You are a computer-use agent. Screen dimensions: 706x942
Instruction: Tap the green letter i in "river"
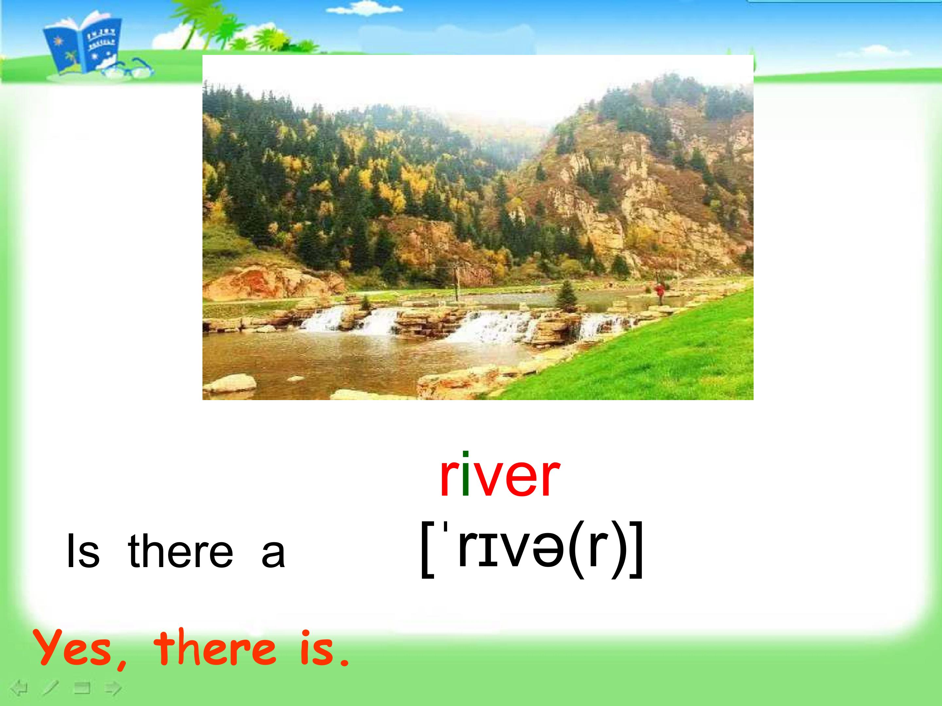tap(465, 473)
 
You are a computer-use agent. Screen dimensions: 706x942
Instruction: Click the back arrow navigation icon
tap(19, 688)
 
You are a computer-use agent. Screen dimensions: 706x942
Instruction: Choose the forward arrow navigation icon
tap(113, 688)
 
